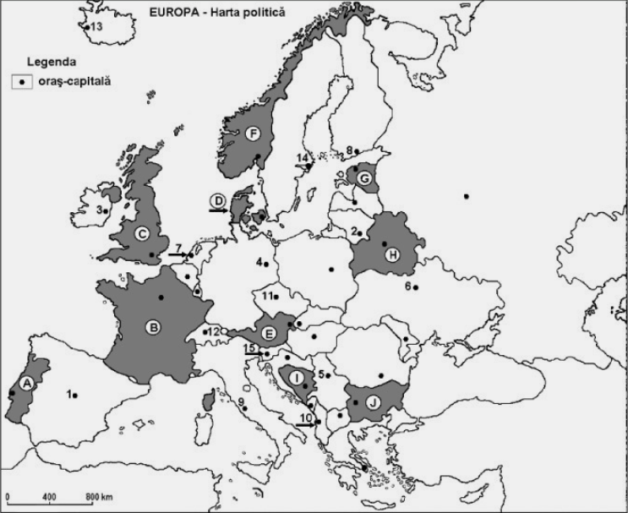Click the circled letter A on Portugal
(x=26, y=383)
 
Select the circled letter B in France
(x=155, y=326)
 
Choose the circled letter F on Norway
(x=251, y=134)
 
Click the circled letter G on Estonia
(x=364, y=178)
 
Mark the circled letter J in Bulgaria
(x=372, y=403)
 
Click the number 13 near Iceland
(x=96, y=27)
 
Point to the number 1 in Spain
(x=69, y=393)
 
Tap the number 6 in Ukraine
(x=407, y=287)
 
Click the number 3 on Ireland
(x=99, y=209)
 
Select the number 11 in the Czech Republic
(x=265, y=296)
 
